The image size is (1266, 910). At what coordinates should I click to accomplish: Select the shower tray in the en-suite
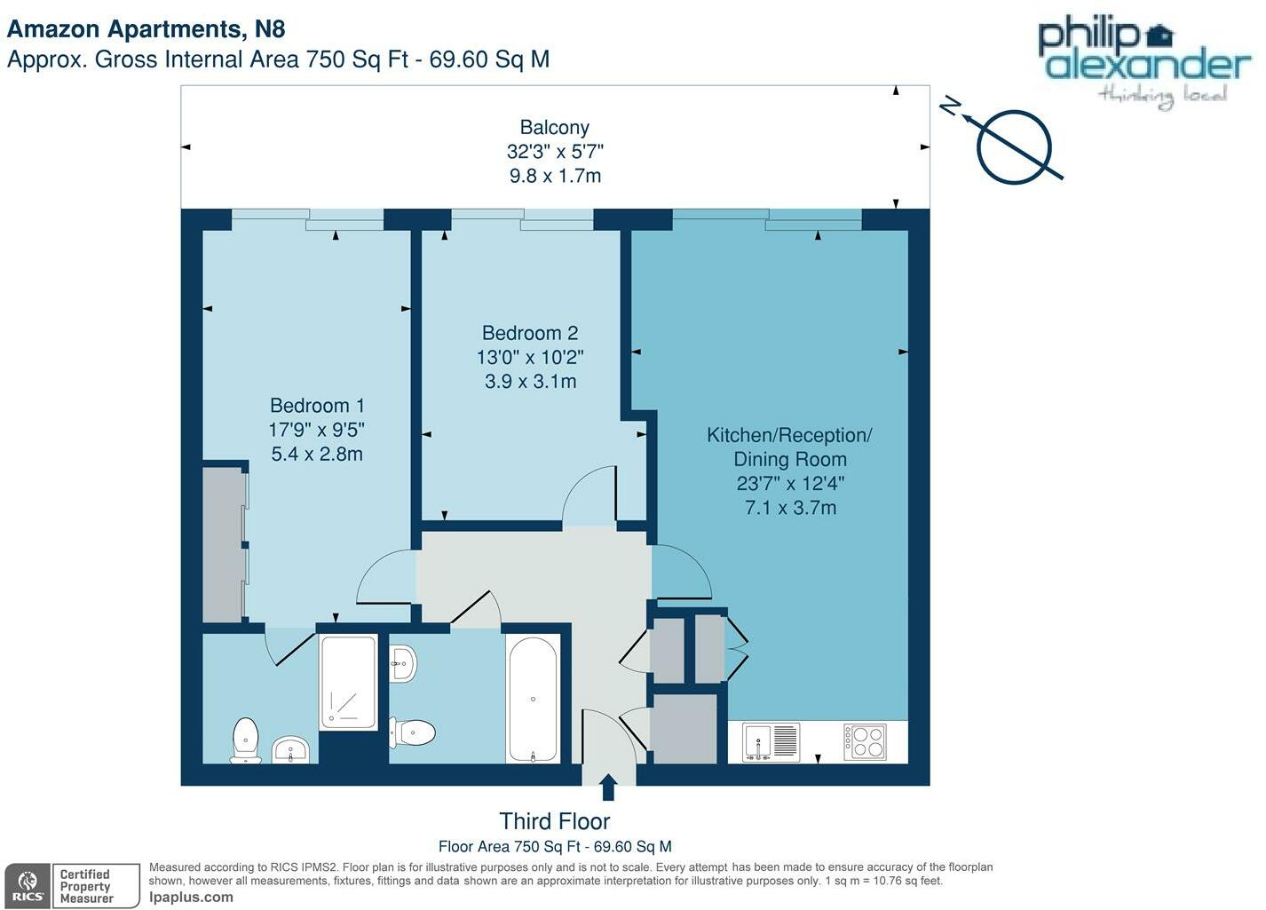pos(348,682)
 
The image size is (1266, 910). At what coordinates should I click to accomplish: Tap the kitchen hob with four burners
pos(864,741)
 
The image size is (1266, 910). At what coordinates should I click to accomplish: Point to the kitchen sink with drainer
pos(771,742)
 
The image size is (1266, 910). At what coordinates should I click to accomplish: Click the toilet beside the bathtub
pos(414,732)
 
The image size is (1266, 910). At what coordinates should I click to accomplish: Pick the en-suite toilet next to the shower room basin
pos(246,740)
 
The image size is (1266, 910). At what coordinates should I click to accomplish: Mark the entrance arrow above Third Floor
pos(608,787)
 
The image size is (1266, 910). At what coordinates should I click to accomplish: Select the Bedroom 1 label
pos(317,406)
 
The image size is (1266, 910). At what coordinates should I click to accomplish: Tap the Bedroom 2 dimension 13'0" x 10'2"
pos(530,358)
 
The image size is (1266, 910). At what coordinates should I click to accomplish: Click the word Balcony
pos(554,128)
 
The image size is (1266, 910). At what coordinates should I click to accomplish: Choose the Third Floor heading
pos(554,821)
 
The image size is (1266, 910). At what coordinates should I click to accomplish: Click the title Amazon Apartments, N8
pos(146,29)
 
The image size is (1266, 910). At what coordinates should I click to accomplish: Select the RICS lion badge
pos(28,885)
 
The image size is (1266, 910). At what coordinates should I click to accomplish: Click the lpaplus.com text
pos(191,898)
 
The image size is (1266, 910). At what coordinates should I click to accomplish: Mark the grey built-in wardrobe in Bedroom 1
pos(223,543)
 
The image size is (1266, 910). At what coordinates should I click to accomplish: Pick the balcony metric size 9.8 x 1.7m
pos(555,176)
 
